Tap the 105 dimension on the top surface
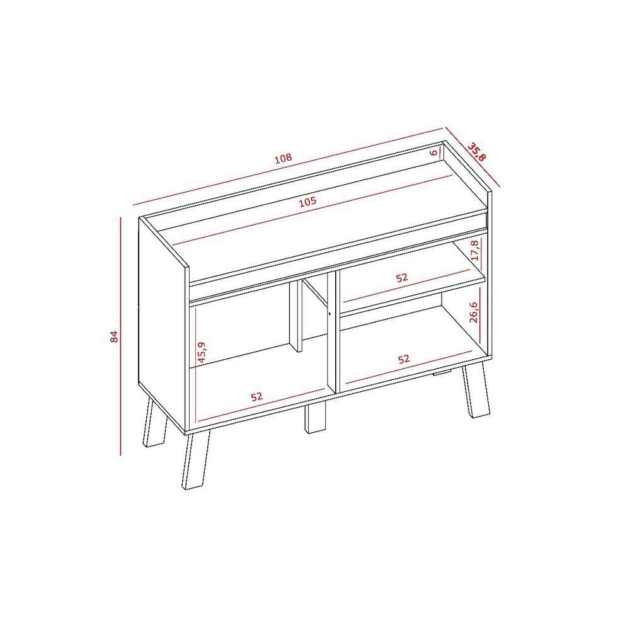pos(308,202)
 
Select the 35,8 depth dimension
pos(477,151)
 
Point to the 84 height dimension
pos(114,336)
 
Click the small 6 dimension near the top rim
pos(433,152)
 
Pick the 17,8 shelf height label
pos(475,250)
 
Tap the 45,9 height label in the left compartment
pos(202,352)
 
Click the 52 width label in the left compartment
pos(257,396)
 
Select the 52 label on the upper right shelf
pos(402,278)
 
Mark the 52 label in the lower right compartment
pos(404,359)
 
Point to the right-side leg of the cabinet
pos(476,392)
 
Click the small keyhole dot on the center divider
pos(329,314)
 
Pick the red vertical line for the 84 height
pos(120,336)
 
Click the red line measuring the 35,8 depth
pos(472,157)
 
